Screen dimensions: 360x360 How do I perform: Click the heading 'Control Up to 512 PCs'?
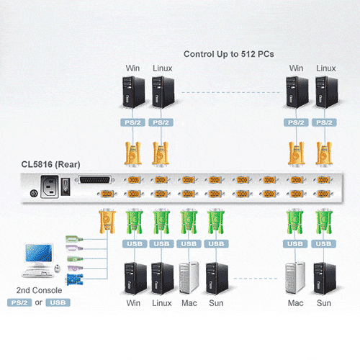(x=229, y=55)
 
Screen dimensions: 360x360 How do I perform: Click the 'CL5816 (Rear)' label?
(x=50, y=165)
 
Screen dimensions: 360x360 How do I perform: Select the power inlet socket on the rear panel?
(x=50, y=187)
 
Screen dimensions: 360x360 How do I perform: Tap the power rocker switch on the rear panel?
(x=66, y=186)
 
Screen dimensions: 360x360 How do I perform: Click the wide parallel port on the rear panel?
(x=95, y=180)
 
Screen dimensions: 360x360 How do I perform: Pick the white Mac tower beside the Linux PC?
(x=189, y=278)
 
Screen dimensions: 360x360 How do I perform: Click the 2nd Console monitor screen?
(x=39, y=253)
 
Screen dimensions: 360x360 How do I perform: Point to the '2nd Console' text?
(x=39, y=290)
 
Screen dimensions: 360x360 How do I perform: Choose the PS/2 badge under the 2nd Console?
(x=19, y=302)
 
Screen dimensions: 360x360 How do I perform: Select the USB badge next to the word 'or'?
(x=58, y=302)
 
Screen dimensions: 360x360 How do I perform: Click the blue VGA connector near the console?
(x=74, y=279)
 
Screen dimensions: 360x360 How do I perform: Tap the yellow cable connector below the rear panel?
(x=107, y=221)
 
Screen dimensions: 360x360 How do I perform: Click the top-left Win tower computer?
(x=133, y=92)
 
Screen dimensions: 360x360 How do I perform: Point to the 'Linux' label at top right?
(x=326, y=68)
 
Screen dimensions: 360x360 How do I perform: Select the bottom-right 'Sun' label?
(x=324, y=303)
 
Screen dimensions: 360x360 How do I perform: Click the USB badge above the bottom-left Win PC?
(x=135, y=244)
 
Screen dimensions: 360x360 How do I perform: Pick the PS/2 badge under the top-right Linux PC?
(x=324, y=122)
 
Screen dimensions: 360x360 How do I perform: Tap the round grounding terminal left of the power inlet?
(x=34, y=193)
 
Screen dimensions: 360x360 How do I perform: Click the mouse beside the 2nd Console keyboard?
(x=57, y=268)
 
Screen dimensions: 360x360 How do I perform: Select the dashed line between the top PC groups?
(x=231, y=92)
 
